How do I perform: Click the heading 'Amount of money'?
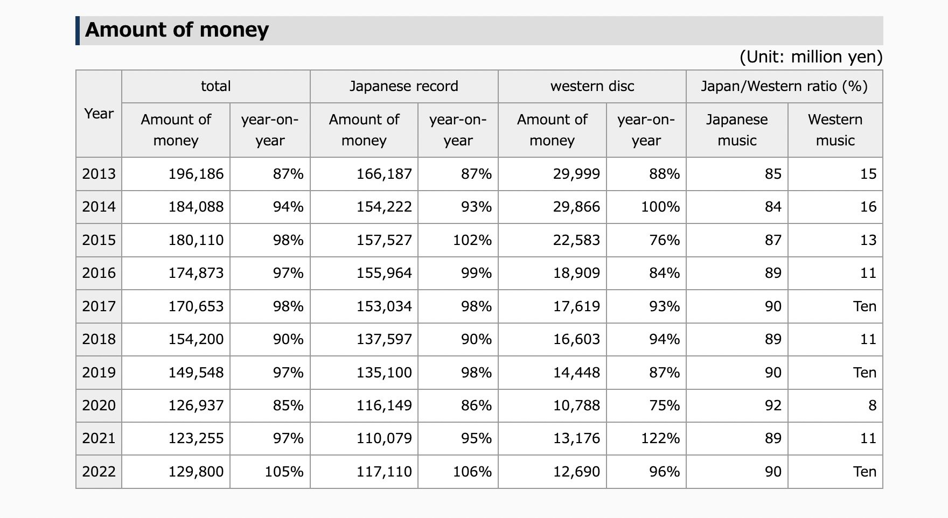coord(177,30)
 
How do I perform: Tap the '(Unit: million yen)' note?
coord(811,57)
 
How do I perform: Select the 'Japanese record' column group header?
coord(404,86)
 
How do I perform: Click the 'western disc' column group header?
coord(593,86)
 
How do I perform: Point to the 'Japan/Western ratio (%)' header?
coord(784,86)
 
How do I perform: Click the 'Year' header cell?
coord(99,114)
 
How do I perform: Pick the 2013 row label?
coord(99,174)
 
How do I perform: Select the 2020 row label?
coord(99,405)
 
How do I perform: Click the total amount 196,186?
coord(196,174)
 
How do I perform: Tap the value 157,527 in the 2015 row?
coord(384,240)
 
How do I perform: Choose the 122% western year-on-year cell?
coord(660,438)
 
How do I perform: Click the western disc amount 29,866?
coord(576,207)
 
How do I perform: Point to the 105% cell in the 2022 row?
coord(284,472)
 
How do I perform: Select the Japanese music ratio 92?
coord(773,405)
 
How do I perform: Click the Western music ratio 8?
coord(873,405)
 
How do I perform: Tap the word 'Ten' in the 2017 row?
coord(865,306)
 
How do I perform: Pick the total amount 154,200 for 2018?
coord(196,339)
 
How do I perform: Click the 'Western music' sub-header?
coord(835,130)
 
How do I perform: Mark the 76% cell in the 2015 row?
coord(665,240)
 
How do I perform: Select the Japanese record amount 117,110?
coord(384,472)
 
